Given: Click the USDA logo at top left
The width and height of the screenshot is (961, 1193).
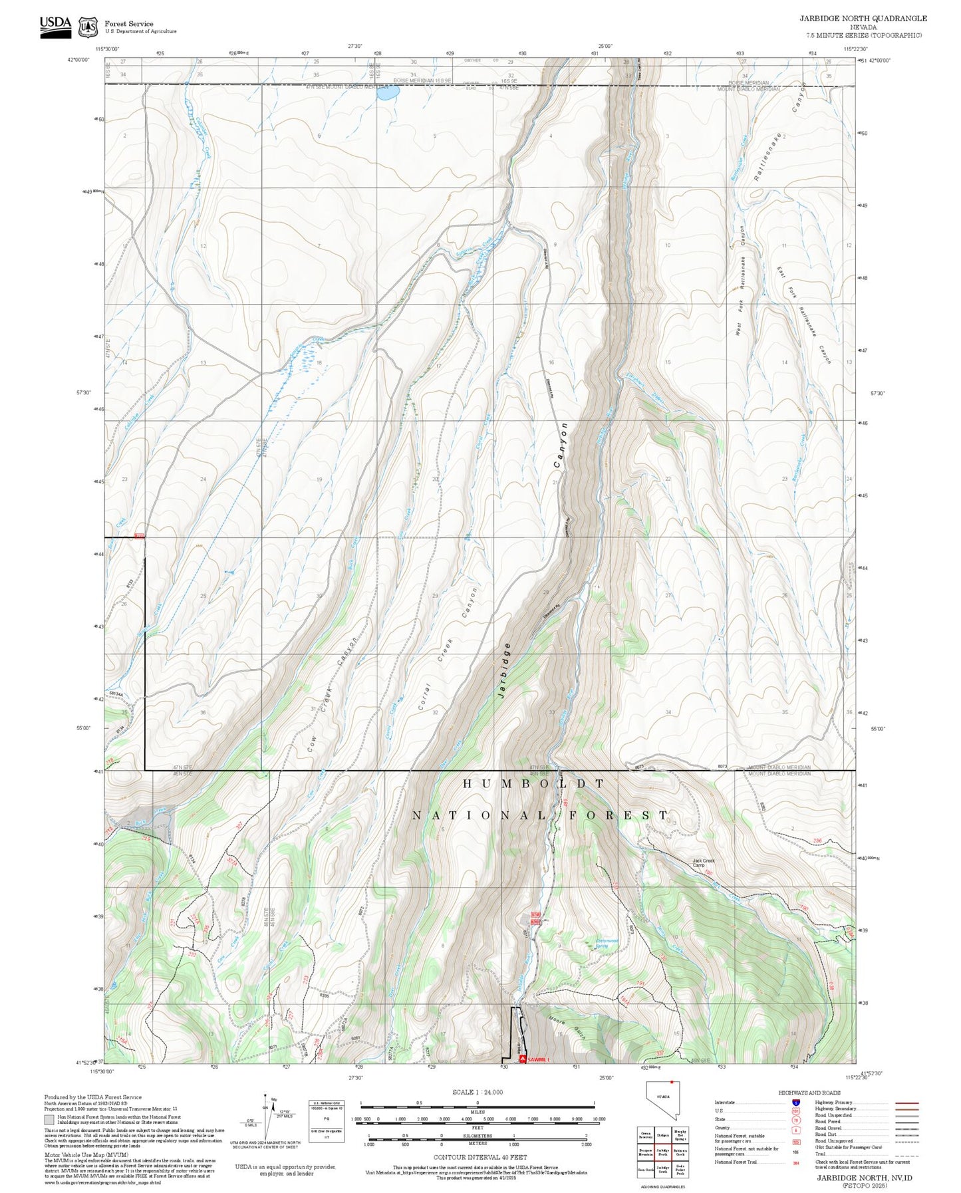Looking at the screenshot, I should [55, 27].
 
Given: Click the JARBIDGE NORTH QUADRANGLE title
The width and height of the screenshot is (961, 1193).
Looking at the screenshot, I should [863, 19].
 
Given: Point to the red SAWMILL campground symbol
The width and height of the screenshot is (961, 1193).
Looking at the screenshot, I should [523, 1058].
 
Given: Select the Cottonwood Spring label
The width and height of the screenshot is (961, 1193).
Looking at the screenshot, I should [607, 942].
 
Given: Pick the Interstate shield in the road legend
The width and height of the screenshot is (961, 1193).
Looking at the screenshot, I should [795, 1103].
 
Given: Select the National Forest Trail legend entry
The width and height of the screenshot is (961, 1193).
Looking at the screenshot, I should [736, 1162].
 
